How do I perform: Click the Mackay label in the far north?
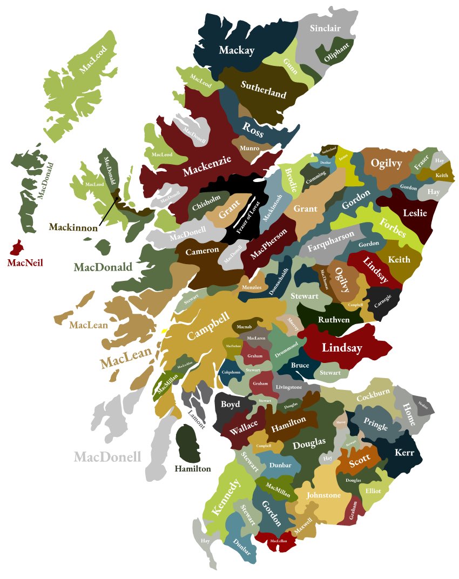(x=236, y=50)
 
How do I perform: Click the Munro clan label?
(x=249, y=148)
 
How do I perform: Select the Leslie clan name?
(x=415, y=213)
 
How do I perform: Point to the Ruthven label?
(x=333, y=319)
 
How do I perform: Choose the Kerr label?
(x=404, y=453)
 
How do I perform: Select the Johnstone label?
(x=323, y=495)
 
